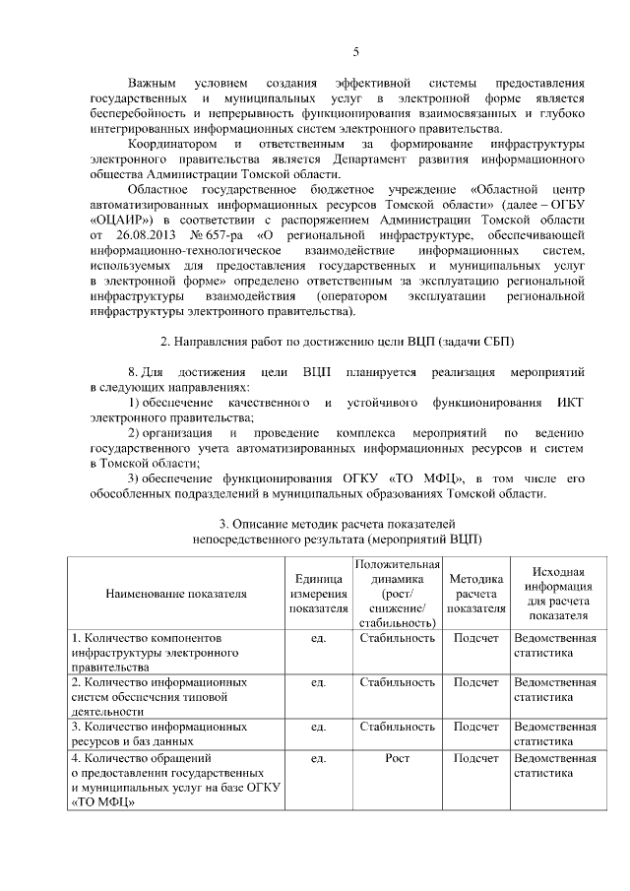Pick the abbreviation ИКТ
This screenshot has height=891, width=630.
pos(571,403)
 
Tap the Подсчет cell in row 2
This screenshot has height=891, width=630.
pos(476,681)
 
